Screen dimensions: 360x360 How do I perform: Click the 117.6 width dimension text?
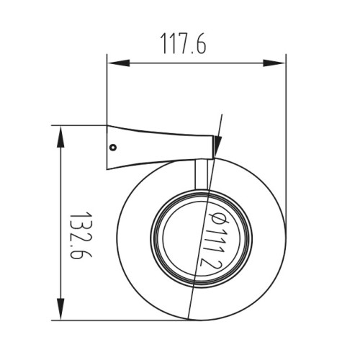[x=183, y=43]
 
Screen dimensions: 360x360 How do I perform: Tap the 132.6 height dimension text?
[x=81, y=235]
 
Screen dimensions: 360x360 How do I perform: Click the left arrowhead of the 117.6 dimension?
[x=119, y=63]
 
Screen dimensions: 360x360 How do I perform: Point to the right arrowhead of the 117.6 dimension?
[x=274, y=63]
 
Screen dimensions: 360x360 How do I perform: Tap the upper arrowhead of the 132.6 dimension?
[x=60, y=137]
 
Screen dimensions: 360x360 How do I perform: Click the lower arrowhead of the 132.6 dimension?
[x=60, y=309]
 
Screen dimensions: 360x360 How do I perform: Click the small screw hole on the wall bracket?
[x=113, y=147]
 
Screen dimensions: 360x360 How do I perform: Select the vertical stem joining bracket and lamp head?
[x=201, y=174]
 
